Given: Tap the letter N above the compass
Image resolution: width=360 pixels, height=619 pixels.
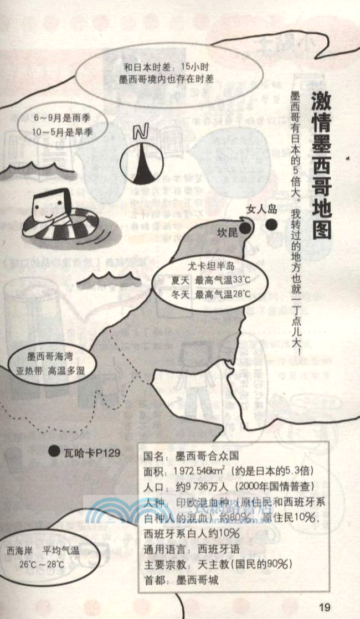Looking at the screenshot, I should point(142,132).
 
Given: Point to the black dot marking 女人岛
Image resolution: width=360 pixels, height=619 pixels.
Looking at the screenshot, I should point(271,225).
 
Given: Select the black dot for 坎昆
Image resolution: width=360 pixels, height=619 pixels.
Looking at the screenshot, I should point(244,228).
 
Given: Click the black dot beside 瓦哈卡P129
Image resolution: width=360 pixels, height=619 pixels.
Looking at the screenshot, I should point(54,452).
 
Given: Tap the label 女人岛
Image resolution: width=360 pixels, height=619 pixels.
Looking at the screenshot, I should point(261,209).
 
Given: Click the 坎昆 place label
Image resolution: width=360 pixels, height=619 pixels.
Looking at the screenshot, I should point(227,233).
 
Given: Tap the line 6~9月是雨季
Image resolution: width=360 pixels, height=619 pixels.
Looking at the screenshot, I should point(61,118).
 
